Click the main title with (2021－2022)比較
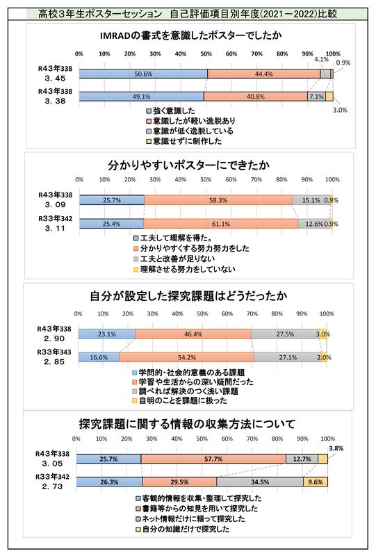pyautogui.click(x=187, y=12)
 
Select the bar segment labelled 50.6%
pyautogui.click(x=143, y=73)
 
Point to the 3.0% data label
pyautogui.click(x=340, y=109)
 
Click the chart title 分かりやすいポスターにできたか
pyautogui.click(x=188, y=166)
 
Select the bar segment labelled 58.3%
pyautogui.click(x=218, y=200)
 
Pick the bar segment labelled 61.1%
pyautogui.click(x=220, y=224)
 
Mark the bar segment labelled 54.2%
pyautogui.click(x=186, y=357)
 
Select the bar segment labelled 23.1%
pyautogui.click(x=106, y=334)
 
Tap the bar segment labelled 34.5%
pyautogui.click(x=259, y=481)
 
